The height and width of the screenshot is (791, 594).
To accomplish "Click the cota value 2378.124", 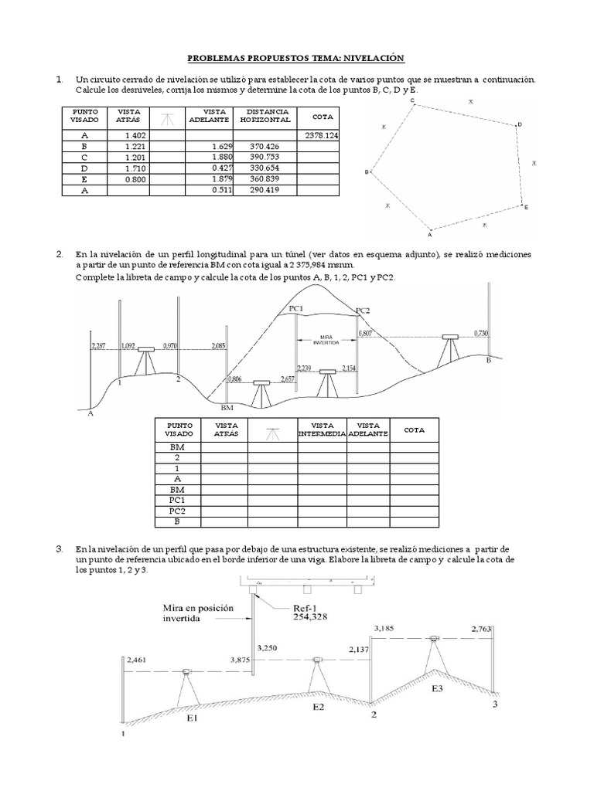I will point(323,135).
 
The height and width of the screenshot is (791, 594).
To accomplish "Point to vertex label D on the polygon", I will point(520,124).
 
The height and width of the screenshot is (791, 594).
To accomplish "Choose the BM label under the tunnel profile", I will point(227,407).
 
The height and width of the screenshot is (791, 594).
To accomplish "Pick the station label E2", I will point(319,706).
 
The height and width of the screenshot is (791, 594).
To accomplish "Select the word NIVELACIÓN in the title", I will point(375,59).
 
